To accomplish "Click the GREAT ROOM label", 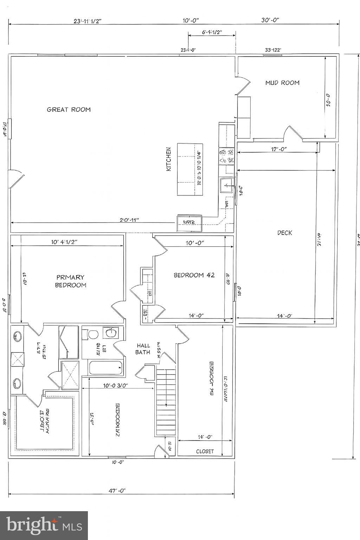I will point(69,109).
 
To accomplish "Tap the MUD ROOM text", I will point(282,83).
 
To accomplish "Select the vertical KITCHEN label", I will point(169,159).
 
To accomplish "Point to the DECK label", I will point(284,233).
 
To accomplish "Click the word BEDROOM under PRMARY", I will point(70,285).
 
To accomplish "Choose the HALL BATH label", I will point(143,349).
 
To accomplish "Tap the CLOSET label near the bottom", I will point(205,451).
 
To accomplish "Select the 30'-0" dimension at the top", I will point(270,20).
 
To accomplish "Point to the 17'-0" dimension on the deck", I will point(279,149).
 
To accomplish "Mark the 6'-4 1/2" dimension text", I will point(212,32).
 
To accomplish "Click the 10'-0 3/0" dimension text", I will point(115,385).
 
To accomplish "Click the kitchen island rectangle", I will point(190,169).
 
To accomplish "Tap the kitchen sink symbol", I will point(227,184).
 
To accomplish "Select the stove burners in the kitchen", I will point(227,156).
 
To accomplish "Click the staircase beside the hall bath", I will point(166,401).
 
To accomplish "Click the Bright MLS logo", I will point(44,525).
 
